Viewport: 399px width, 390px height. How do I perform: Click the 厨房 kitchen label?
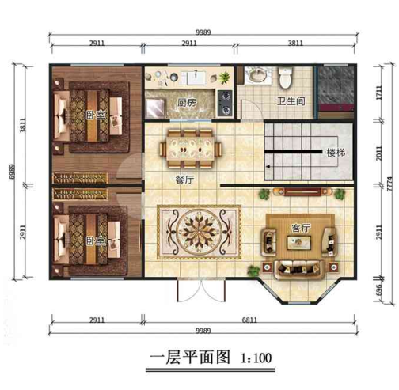coord(187,102)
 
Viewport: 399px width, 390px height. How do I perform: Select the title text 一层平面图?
coord(187,358)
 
